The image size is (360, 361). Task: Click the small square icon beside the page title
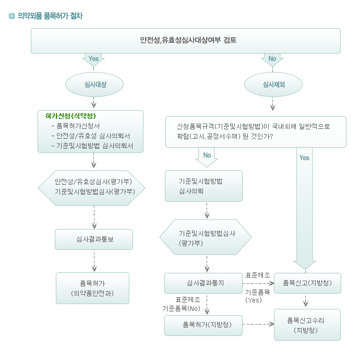coord(11,16)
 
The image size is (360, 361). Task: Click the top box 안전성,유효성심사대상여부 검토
coord(186,41)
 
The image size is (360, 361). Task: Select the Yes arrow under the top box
coord(93,60)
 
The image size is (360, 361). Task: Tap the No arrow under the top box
coord(272,60)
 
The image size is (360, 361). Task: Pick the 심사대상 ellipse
coord(94,85)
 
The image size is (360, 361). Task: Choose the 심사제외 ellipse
coord(273,85)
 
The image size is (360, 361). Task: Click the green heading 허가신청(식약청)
coord(70,116)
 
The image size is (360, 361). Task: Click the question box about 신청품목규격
coord(256,132)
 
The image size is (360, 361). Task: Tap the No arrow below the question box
coord(207,157)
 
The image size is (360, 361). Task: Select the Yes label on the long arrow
coord(304,158)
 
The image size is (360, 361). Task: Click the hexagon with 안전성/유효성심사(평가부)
coord(92,188)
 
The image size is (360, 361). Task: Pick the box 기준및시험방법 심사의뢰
coord(203,186)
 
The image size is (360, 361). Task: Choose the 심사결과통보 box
coord(94,239)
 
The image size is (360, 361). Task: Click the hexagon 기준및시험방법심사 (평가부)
coord(206,237)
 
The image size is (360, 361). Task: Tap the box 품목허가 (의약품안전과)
coord(92,288)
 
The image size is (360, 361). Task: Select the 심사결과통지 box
coord(203,283)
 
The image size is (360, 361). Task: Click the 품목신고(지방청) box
coord(307,283)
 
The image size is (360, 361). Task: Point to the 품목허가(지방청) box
coord(203,326)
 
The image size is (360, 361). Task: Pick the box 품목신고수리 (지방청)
coord(307,324)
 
